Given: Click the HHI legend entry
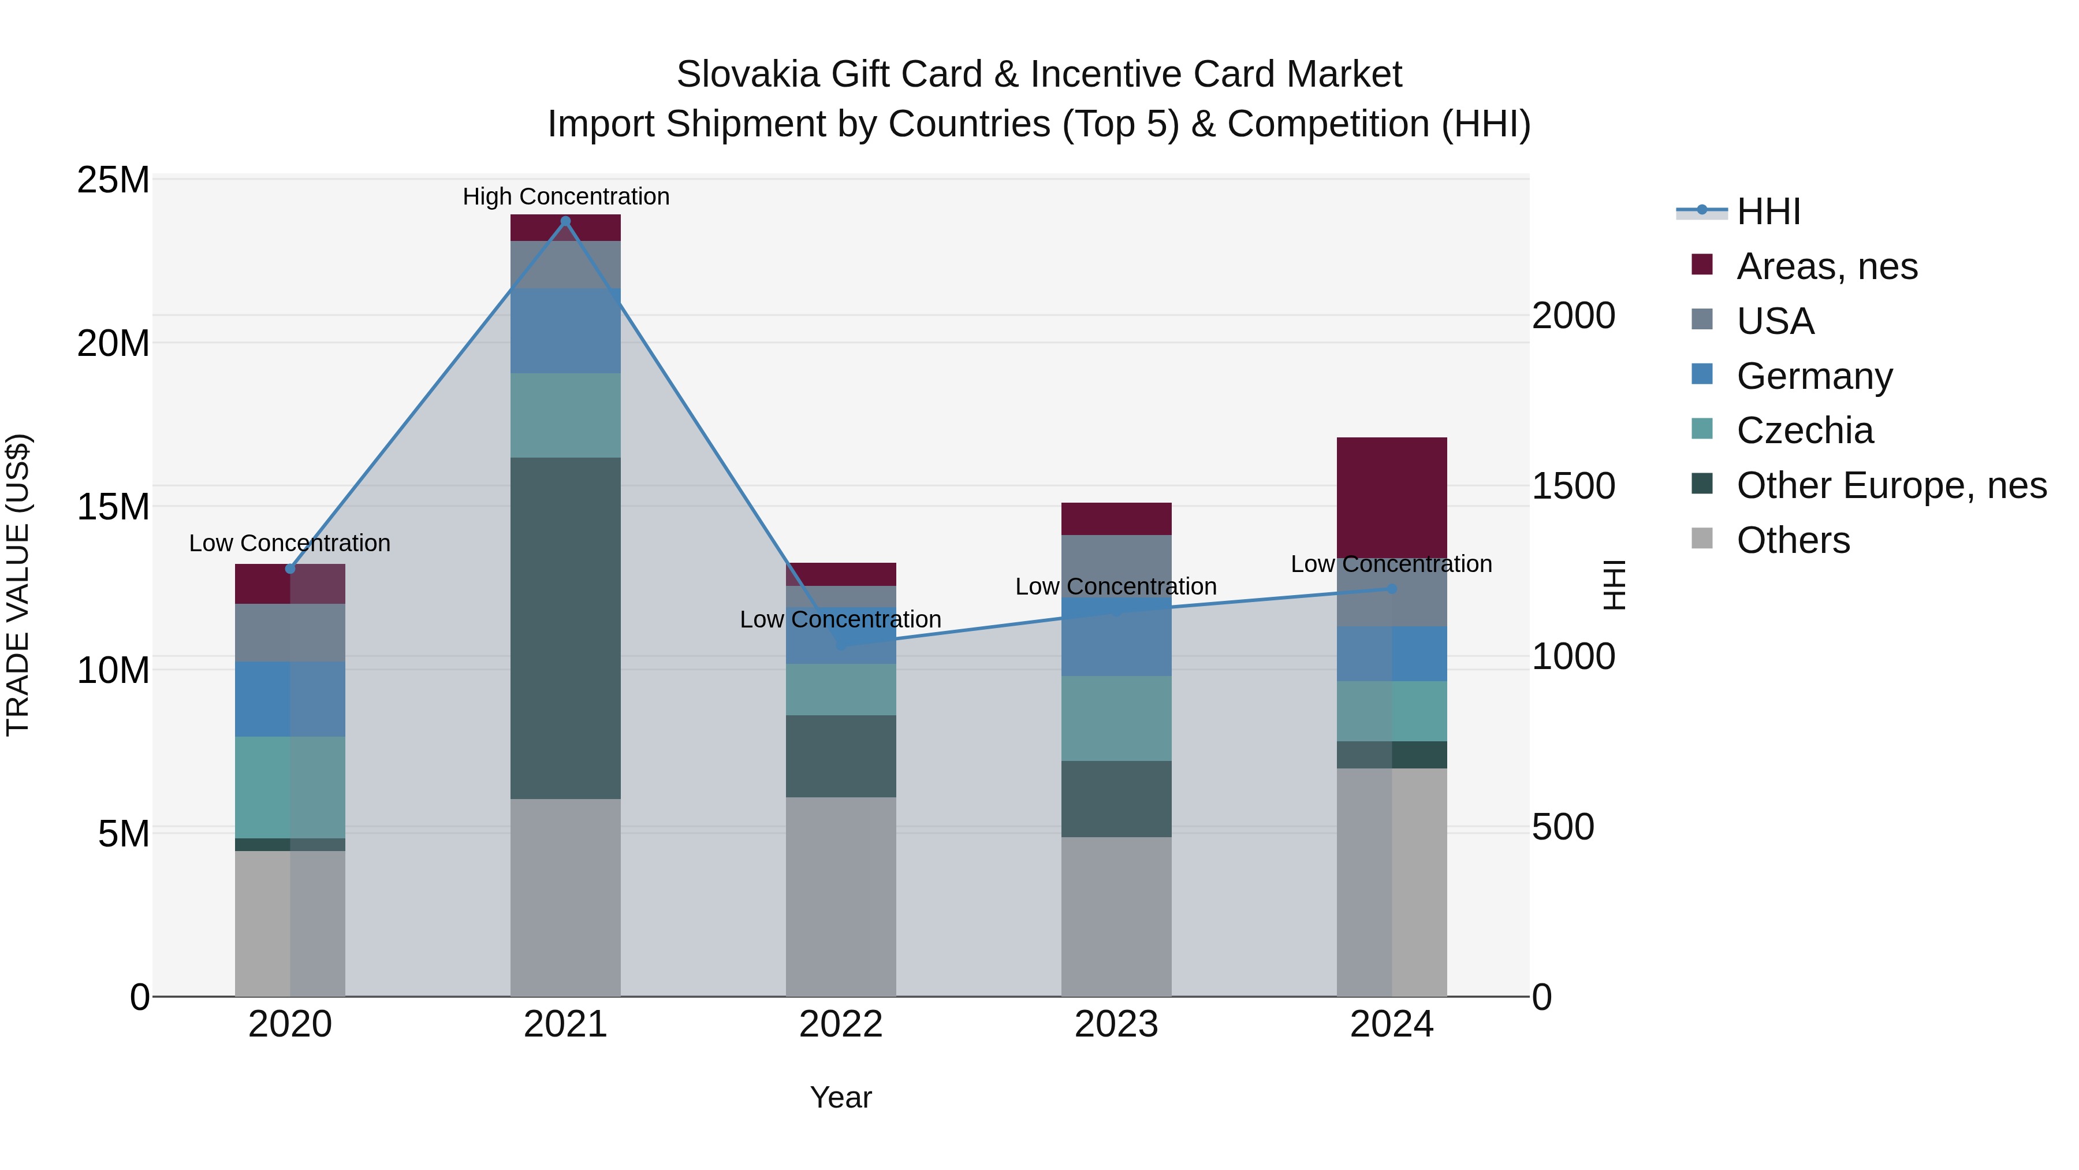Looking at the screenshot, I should (x=1768, y=211).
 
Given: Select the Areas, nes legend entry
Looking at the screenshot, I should (x=1825, y=266).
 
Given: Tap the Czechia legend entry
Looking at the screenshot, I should (x=1804, y=430).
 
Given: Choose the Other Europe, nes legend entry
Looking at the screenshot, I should (x=1890, y=485).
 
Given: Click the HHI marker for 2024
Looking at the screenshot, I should (x=1391, y=589).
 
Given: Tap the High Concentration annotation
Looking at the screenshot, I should (x=566, y=196).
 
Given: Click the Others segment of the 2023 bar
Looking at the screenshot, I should (x=1116, y=916).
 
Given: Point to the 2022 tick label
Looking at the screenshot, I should (x=840, y=1024).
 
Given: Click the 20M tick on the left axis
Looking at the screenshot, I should (x=113, y=344).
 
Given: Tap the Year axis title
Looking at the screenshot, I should (x=840, y=1097).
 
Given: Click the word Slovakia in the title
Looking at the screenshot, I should (x=747, y=75).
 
